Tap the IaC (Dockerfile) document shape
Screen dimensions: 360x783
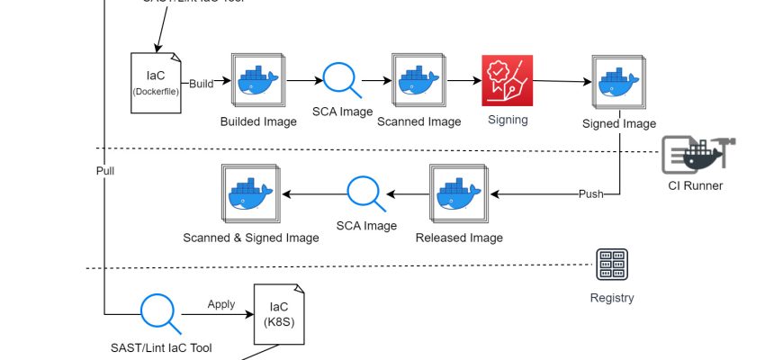pos(157,82)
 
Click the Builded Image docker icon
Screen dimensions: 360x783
pos(258,81)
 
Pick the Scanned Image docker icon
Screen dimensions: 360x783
pos(418,81)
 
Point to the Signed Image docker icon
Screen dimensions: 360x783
pos(619,83)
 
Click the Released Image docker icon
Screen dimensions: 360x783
pos(458,193)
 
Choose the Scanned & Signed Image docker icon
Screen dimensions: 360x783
pos(250,194)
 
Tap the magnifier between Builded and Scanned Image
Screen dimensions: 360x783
pos(341,79)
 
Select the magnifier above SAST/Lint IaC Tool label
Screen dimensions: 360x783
pos(158,313)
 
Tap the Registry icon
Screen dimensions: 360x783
pos(612,265)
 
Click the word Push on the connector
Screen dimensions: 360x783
pos(591,193)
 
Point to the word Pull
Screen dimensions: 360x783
pos(105,169)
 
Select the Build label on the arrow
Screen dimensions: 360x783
pos(202,84)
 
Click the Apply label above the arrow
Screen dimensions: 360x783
pos(221,304)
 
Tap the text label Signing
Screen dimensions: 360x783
pos(508,119)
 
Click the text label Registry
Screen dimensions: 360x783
pos(612,298)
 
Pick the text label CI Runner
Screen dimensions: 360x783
pos(695,186)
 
